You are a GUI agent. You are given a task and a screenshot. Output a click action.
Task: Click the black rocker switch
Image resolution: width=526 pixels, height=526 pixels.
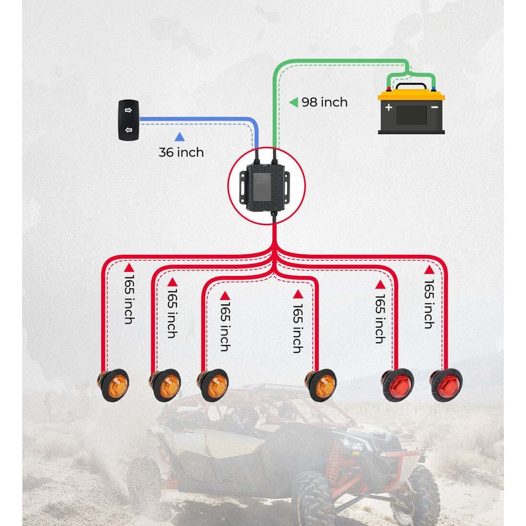coord(128,120)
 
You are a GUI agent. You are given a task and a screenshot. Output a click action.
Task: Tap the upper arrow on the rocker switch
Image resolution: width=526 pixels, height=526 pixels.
coord(128,110)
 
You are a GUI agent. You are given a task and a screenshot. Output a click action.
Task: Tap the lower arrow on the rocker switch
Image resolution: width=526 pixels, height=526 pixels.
coord(128,130)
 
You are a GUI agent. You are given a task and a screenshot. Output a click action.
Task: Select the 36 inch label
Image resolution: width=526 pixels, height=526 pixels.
coord(181,152)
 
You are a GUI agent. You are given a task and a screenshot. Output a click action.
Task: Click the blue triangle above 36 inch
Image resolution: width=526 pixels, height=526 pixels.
coord(180,136)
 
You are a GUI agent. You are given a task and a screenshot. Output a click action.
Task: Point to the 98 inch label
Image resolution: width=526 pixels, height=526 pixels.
coord(324,102)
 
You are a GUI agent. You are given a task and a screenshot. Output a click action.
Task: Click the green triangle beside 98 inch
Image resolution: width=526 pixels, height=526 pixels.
coord(294,102)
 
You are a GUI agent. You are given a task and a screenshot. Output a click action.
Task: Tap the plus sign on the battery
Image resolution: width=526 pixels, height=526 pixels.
coord(389,107)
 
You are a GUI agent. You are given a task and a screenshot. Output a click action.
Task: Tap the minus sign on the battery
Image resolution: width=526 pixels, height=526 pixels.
coord(434,107)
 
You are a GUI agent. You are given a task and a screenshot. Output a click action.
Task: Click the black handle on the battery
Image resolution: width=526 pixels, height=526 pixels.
coord(412,85)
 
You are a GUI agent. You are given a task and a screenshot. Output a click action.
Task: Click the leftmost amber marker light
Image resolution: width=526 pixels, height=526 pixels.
coord(113,385)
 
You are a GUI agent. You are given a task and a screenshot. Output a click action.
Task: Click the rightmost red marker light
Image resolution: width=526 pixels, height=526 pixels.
coord(446,385)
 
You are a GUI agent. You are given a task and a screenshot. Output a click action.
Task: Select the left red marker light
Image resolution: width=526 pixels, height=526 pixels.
coord(398,384)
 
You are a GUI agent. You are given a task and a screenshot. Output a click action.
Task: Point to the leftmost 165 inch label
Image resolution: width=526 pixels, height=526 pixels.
coord(129,300)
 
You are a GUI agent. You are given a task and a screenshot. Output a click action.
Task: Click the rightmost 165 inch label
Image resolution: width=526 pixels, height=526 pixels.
coord(429,304)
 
